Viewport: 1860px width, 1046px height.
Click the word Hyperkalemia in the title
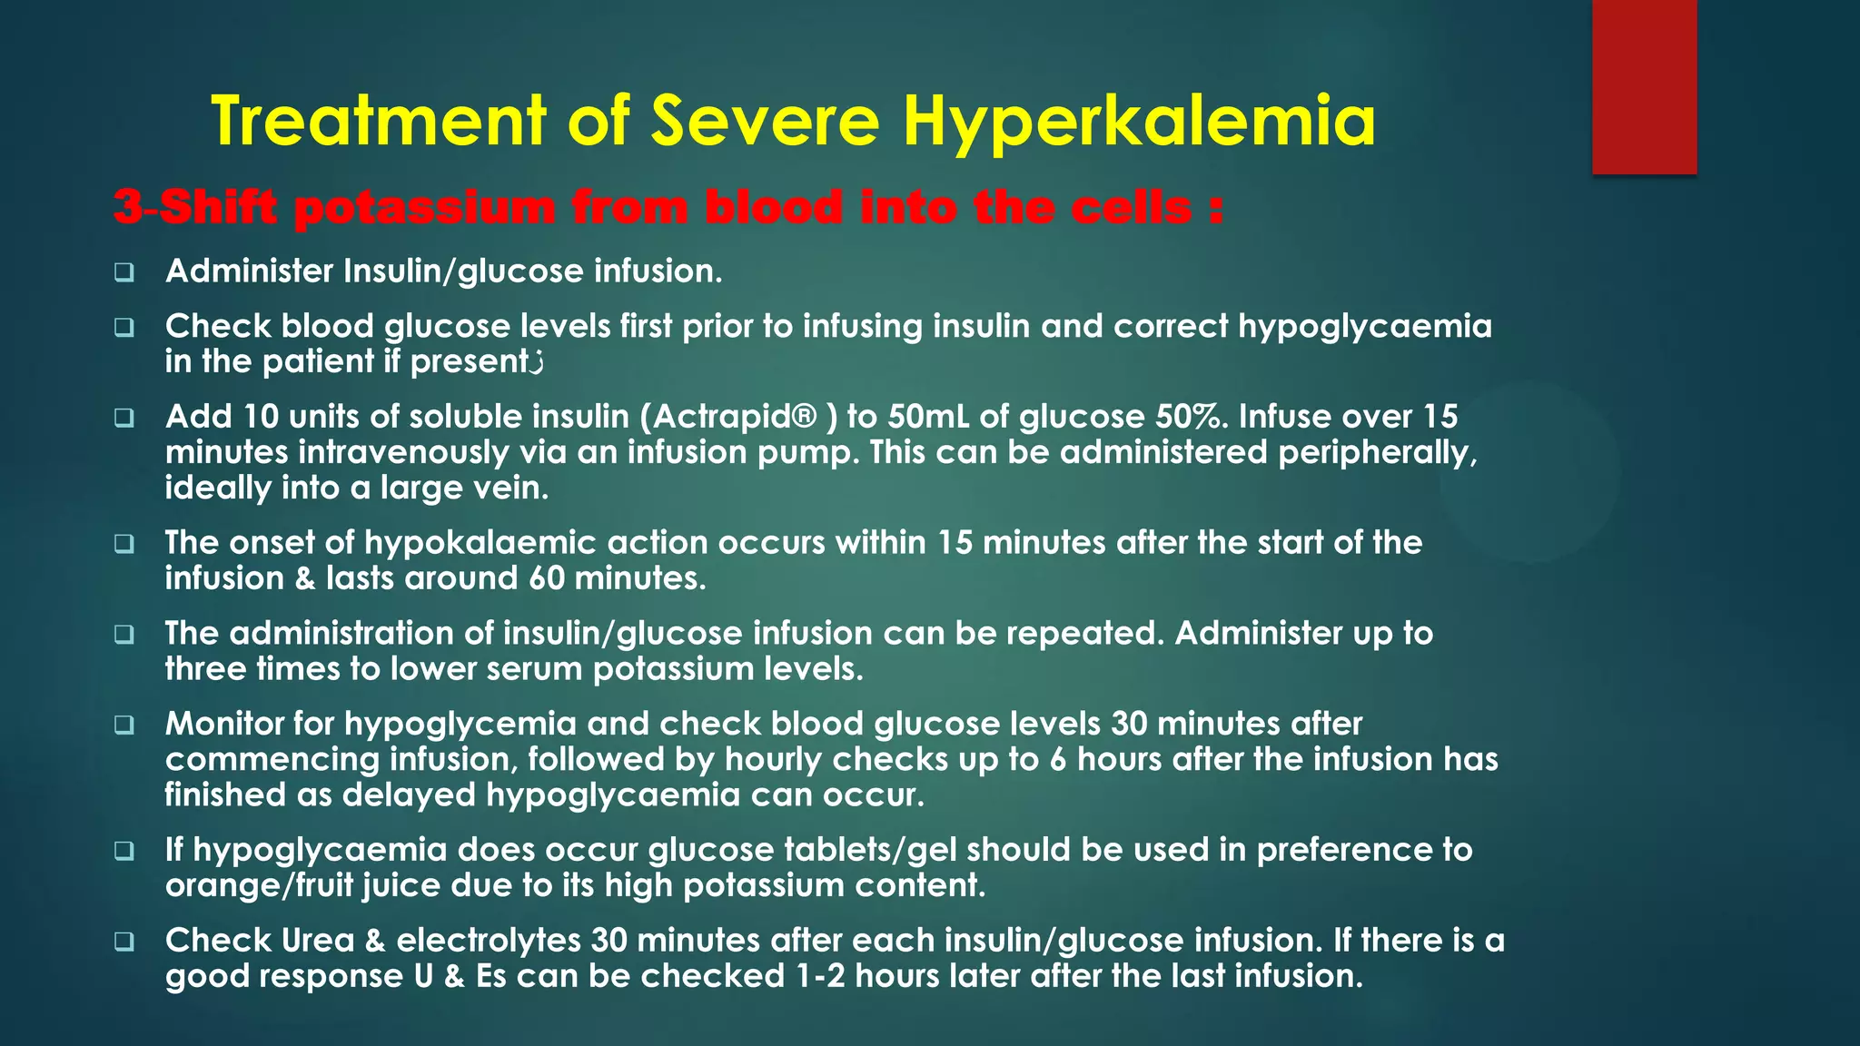tap(1139, 123)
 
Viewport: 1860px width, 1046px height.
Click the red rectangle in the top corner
tap(1644, 87)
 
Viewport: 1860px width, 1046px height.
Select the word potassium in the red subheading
tap(425, 208)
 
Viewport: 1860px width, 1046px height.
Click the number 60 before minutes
tap(547, 578)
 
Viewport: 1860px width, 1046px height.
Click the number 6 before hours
tap(1058, 759)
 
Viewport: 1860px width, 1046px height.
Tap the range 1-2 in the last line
tap(820, 976)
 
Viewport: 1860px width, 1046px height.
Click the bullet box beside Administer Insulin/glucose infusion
tap(124, 272)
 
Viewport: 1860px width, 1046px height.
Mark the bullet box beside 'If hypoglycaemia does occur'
tap(124, 852)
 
